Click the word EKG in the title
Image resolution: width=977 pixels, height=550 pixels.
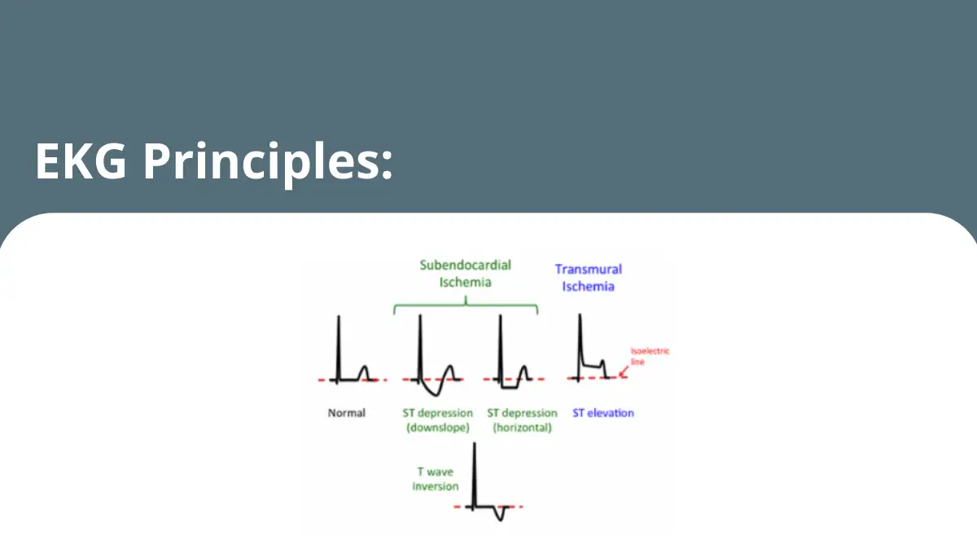coord(81,161)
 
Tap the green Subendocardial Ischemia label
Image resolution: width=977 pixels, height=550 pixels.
coord(466,274)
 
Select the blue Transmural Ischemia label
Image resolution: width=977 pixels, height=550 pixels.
coord(589,278)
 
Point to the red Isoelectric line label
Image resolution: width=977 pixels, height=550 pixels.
coord(650,356)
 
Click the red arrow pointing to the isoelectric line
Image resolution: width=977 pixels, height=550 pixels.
coord(624,372)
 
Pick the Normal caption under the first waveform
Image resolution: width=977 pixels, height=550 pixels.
coord(346,413)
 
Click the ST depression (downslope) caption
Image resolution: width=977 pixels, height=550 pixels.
coord(437,420)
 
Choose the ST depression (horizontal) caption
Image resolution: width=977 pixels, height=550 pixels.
coord(522,420)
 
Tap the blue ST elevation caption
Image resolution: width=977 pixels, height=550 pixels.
coord(603,413)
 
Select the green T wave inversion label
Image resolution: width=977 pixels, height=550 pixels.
coord(436,479)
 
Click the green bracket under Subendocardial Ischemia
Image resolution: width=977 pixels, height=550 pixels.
coord(466,304)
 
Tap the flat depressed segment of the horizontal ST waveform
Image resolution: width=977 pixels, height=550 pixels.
coord(510,387)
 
